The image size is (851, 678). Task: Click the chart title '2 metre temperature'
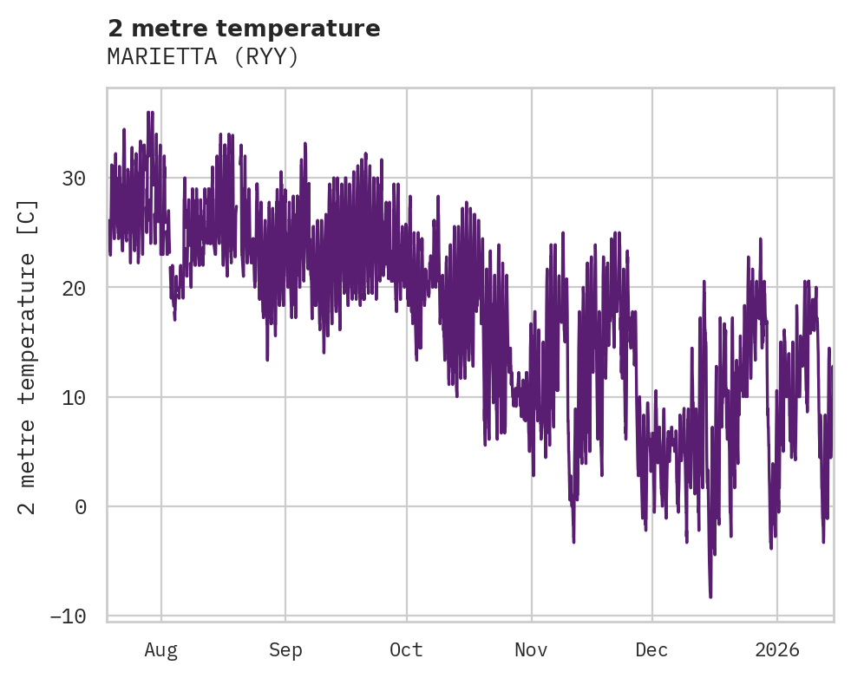[x=244, y=29]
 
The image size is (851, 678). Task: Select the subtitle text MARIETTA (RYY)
[x=203, y=57]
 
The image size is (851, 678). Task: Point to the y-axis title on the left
[x=28, y=356]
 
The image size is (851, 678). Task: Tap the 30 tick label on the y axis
[x=75, y=179]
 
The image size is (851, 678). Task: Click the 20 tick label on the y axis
[x=75, y=288]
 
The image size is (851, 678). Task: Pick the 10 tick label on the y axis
[x=75, y=398]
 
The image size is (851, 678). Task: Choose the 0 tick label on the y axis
[x=81, y=507]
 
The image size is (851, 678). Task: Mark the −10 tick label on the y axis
[x=69, y=616]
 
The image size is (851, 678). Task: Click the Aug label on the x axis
[x=161, y=649]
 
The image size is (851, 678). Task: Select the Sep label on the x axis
[x=285, y=649]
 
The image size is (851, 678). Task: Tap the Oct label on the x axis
[x=406, y=649]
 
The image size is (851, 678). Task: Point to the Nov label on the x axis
[x=531, y=649]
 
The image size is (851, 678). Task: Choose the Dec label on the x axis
[x=652, y=649]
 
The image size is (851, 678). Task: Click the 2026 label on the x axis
[x=777, y=649]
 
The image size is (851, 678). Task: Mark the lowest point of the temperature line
[x=710, y=597]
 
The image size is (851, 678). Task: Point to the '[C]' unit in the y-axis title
[x=28, y=218]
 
